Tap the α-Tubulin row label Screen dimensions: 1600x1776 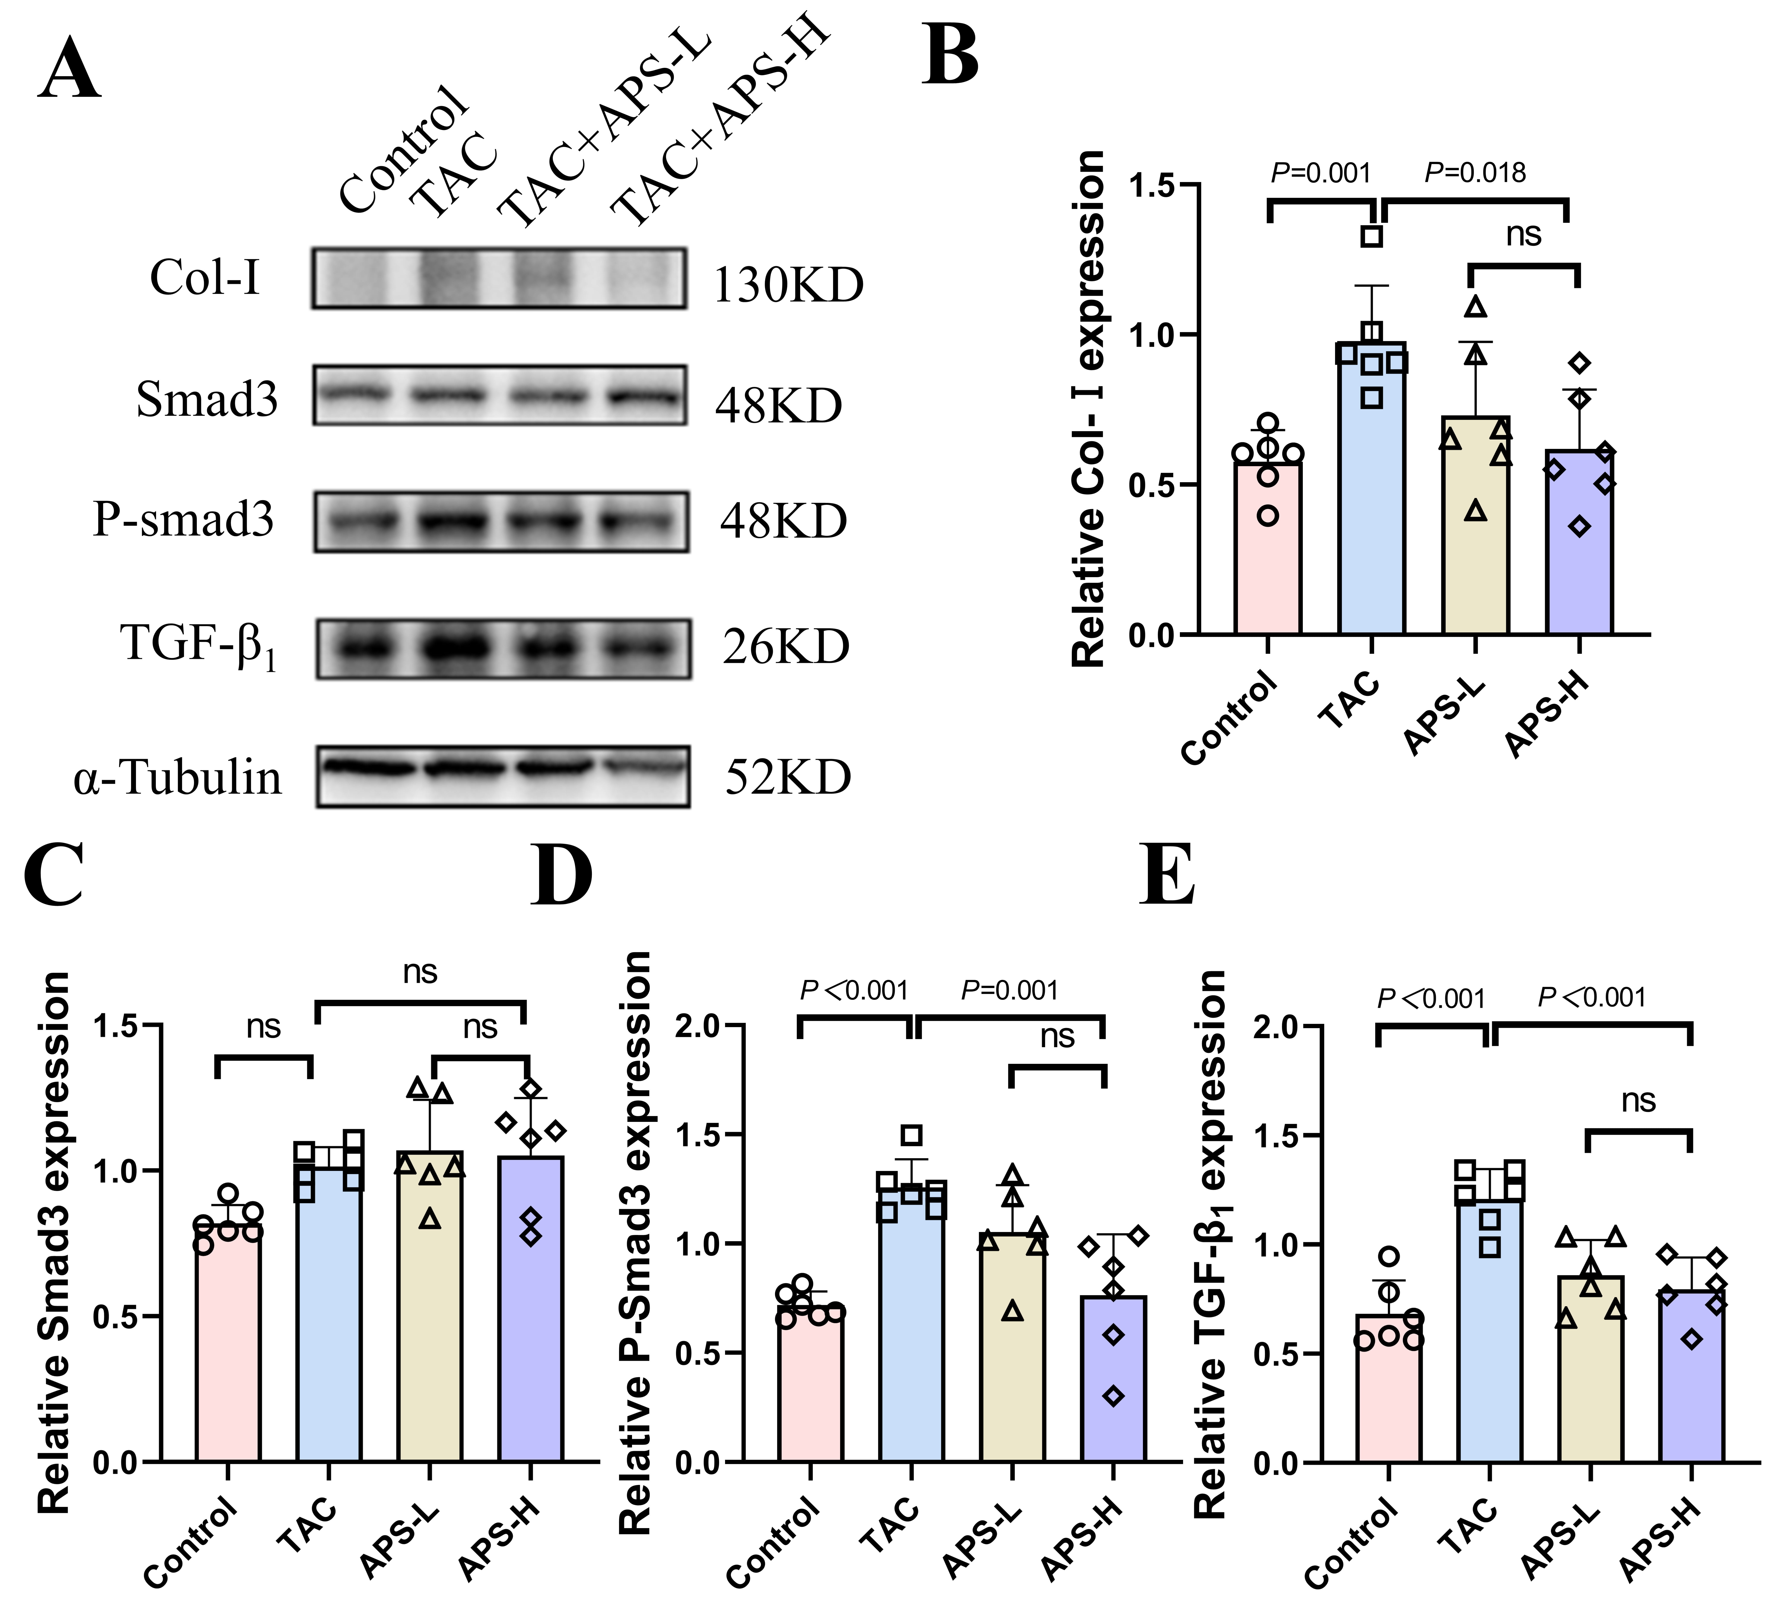coord(178,777)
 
